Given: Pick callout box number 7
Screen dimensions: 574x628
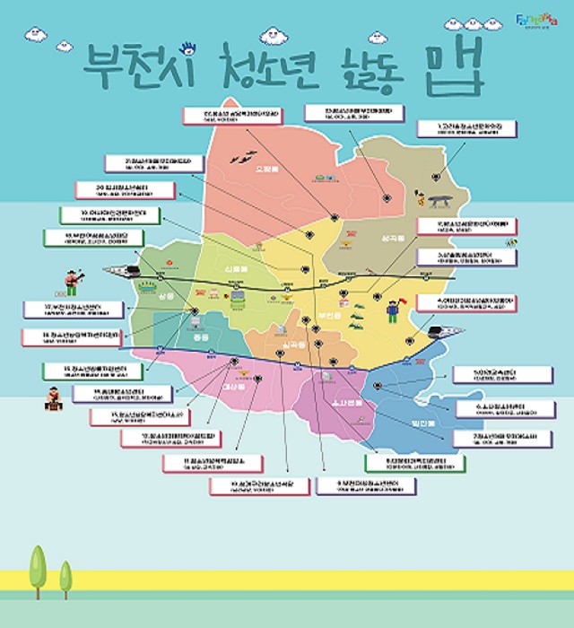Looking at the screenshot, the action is coord(498,439).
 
